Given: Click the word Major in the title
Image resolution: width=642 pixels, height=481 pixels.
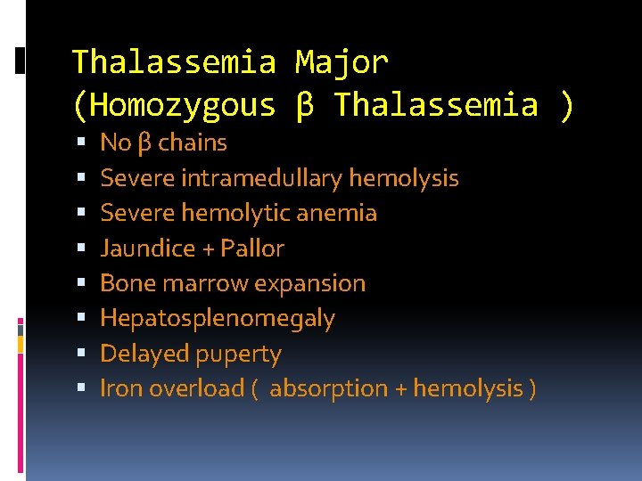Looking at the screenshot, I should (342, 62).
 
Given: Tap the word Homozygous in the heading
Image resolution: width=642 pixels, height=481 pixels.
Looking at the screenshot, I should (184, 105).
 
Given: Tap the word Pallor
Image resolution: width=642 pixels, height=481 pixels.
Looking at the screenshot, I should (252, 249).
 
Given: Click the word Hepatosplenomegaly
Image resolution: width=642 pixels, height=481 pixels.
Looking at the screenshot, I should (217, 319).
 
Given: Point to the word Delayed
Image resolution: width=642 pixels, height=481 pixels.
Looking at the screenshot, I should (140, 354).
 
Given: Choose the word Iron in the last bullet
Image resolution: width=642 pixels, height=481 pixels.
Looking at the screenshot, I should (121, 388).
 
